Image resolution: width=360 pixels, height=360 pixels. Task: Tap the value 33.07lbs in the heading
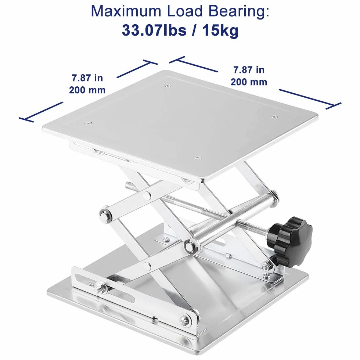154,30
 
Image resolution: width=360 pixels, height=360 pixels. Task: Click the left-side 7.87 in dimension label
87,78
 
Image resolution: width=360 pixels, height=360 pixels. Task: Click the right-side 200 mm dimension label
249,82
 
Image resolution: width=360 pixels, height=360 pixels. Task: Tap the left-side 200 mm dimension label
87,90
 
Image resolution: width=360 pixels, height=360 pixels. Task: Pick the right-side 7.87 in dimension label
249,70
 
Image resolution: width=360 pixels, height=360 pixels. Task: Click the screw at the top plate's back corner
168,86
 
